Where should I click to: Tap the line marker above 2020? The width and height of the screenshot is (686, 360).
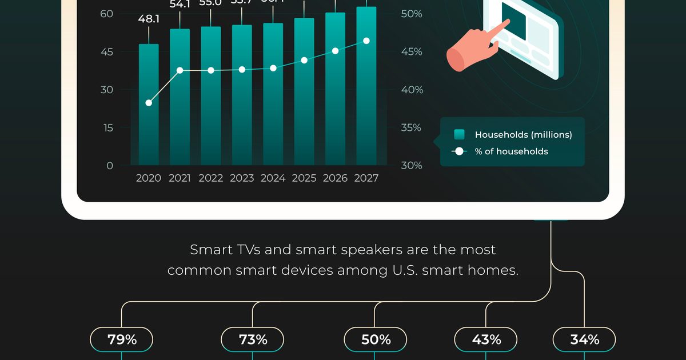click(x=149, y=103)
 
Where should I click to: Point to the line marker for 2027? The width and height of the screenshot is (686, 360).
click(x=366, y=41)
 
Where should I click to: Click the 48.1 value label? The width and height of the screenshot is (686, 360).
click(x=149, y=19)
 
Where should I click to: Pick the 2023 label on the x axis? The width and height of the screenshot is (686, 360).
click(x=242, y=178)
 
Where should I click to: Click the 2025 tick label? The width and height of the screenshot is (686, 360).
click(x=304, y=178)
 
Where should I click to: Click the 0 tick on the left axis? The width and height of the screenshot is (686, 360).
click(x=109, y=166)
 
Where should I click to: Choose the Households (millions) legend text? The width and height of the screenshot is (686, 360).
click(x=523, y=135)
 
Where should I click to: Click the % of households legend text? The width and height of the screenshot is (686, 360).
click(x=511, y=151)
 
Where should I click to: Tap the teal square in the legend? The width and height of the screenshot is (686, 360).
click(x=459, y=135)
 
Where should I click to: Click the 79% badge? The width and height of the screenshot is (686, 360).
click(x=122, y=339)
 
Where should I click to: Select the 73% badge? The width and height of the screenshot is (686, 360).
click(x=253, y=339)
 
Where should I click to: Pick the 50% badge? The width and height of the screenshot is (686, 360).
click(x=376, y=339)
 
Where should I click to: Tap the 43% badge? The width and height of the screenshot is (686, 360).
click(x=486, y=339)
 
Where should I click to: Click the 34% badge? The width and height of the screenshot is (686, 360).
click(x=584, y=339)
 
